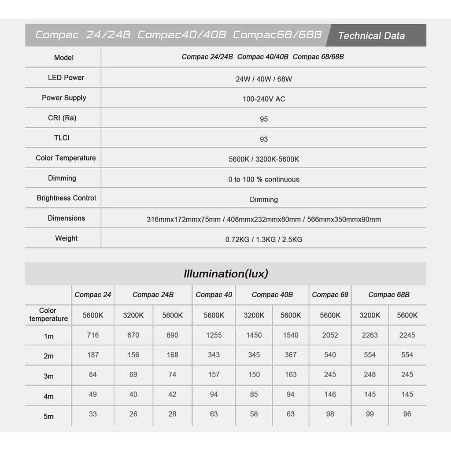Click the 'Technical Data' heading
click(x=371, y=36)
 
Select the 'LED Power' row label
click(x=66, y=78)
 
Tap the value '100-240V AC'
click(x=264, y=99)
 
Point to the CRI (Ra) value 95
click(x=264, y=119)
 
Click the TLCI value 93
click(x=264, y=139)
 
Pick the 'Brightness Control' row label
click(x=66, y=198)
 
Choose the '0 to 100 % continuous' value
click(x=264, y=179)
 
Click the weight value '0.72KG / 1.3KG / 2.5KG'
click(x=264, y=240)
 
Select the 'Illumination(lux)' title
click(x=225, y=274)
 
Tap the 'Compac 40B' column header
click(x=272, y=295)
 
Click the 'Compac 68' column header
click(x=330, y=295)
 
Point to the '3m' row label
click(x=48, y=376)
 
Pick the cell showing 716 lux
click(x=93, y=335)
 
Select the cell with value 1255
click(x=214, y=335)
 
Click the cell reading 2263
click(x=370, y=335)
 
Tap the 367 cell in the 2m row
click(x=290, y=355)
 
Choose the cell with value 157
click(x=214, y=374)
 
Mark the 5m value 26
click(x=133, y=414)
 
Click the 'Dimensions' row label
click(x=66, y=218)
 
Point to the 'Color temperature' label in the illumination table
click(x=48, y=314)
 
